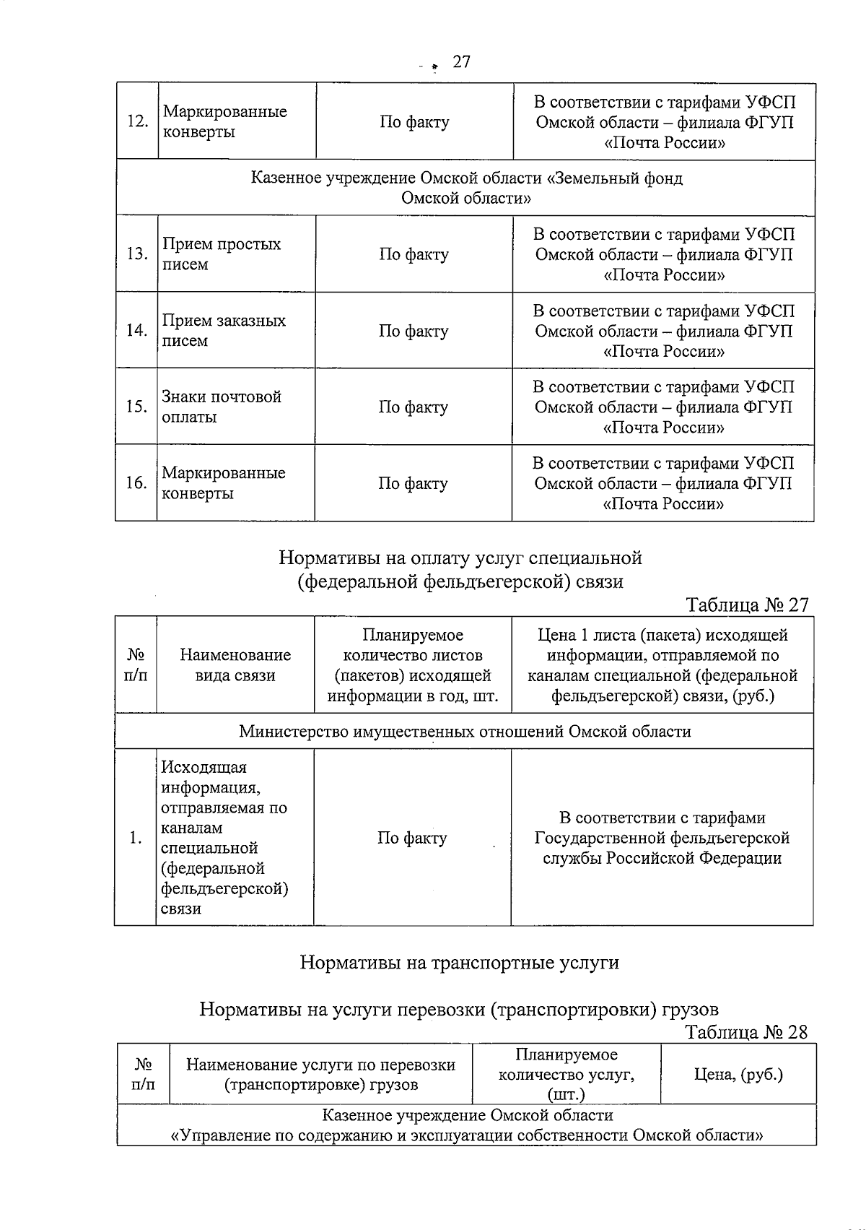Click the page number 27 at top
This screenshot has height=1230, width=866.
[461, 62]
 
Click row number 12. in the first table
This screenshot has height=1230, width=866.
[137, 121]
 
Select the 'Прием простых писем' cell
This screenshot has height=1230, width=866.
[221, 254]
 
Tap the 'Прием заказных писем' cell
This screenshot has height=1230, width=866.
[223, 331]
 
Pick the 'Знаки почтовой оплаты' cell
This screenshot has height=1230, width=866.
[221, 407]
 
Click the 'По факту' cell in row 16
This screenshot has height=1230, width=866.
[413, 483]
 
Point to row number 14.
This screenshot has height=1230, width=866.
[136, 331]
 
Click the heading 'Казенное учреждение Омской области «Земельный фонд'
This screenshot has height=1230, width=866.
[466, 178]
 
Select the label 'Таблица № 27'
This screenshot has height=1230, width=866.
[747, 604]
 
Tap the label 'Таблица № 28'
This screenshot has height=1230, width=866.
[746, 1031]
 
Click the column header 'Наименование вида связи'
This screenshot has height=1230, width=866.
[235, 665]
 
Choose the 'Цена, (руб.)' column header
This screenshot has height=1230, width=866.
[738, 1074]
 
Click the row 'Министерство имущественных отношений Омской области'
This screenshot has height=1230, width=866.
[465, 732]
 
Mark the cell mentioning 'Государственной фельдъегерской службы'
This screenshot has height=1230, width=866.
[662, 838]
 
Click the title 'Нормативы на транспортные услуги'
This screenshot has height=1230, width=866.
[459, 963]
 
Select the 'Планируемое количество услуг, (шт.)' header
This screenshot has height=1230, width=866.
[567, 1074]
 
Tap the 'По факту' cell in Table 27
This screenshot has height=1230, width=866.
[412, 838]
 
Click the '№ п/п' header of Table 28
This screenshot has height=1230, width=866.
[143, 1074]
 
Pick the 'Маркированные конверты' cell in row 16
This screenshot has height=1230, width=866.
[223, 483]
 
